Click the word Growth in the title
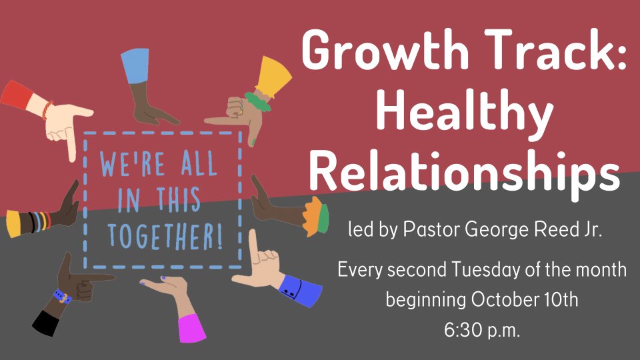(x=385, y=50)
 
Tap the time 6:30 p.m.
(x=482, y=330)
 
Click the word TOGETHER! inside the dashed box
(x=165, y=237)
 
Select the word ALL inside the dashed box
(x=199, y=163)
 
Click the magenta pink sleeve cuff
(x=192, y=328)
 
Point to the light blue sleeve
(x=136, y=65)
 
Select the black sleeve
(x=46, y=323)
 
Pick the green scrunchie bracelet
(x=257, y=102)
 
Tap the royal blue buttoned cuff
(x=301, y=290)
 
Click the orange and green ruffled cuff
(x=316, y=216)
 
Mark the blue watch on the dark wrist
(x=63, y=296)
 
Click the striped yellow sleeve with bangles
(x=28, y=223)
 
